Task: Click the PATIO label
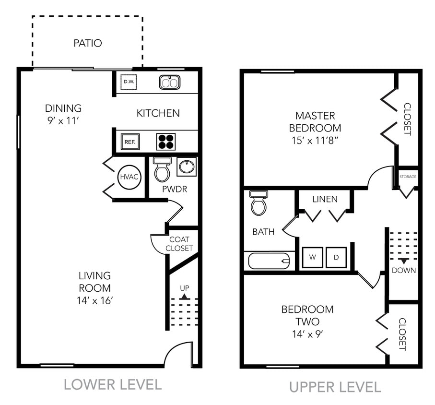click(87, 43)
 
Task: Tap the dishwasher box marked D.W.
click(128, 82)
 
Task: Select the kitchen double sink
click(169, 82)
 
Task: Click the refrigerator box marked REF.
click(130, 142)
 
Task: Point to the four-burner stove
click(166, 142)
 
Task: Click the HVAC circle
click(129, 177)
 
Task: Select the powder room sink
click(186, 167)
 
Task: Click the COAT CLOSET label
click(179, 244)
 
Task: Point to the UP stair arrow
click(185, 297)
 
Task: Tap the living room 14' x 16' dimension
click(94, 301)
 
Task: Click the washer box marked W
click(312, 257)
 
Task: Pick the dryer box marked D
click(336, 257)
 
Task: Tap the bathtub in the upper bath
click(269, 261)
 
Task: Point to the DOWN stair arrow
click(404, 261)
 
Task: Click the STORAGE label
click(408, 177)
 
